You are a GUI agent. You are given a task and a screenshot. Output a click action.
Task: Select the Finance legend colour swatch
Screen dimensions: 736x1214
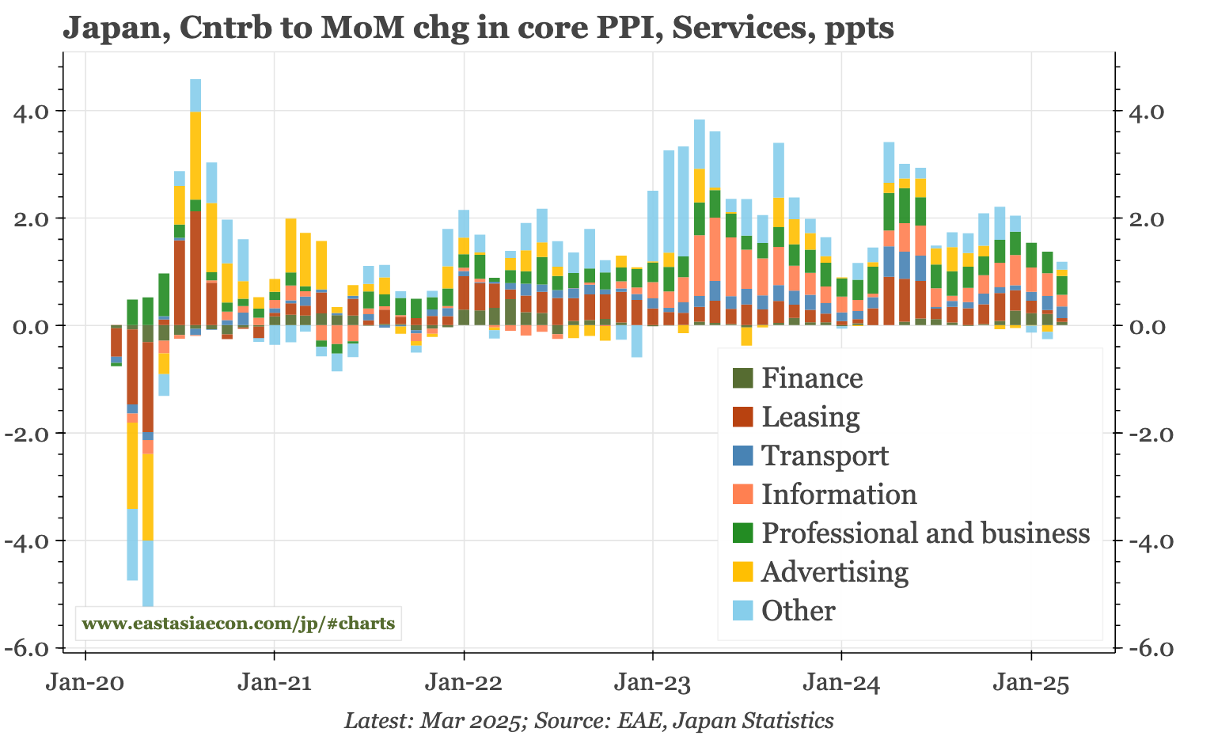(x=742, y=378)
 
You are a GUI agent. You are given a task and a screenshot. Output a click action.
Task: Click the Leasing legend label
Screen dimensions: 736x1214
(x=810, y=417)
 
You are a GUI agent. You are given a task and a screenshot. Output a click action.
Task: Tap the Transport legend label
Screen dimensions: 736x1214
(x=825, y=456)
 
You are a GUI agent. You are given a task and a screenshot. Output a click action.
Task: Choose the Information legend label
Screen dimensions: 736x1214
(x=838, y=495)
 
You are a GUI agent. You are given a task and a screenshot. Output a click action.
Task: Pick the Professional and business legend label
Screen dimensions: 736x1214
(x=925, y=533)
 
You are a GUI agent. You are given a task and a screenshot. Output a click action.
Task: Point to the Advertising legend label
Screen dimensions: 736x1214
(x=834, y=572)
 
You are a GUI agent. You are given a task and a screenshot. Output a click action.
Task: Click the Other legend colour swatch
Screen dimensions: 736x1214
(x=742, y=610)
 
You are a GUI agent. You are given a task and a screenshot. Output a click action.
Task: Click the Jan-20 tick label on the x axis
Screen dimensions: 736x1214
(x=85, y=682)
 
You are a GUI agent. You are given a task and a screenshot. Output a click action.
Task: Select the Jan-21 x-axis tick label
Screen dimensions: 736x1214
(x=274, y=682)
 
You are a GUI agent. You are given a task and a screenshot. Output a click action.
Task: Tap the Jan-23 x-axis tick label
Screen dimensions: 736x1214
(x=652, y=682)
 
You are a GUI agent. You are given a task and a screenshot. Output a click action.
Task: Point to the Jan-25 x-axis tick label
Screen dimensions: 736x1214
(x=1030, y=682)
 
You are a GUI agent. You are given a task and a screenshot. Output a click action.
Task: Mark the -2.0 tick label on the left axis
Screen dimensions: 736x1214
(x=31, y=434)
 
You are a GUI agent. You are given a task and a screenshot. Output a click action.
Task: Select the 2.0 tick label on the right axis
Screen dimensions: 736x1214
(x=1142, y=218)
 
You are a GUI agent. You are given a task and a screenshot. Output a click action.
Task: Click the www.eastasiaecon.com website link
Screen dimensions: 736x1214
(x=238, y=624)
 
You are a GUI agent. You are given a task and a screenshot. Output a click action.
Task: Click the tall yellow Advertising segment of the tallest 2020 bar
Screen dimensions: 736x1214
(x=195, y=155)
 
